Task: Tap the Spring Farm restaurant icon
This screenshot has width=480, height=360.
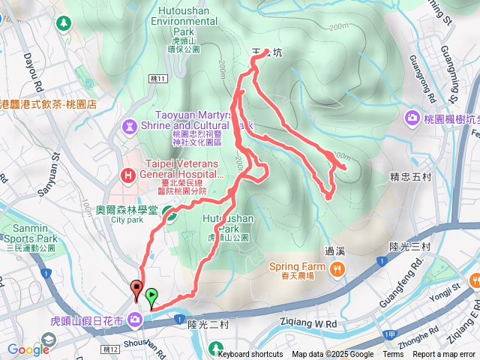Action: [339, 268]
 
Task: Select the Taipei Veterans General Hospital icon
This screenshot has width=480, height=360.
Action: [127, 175]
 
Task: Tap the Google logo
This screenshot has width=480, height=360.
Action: [28, 349]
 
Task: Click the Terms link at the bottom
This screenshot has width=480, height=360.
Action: [392, 355]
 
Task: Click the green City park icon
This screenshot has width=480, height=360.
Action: [170, 217]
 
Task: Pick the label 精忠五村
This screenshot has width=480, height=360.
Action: [410, 178]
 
